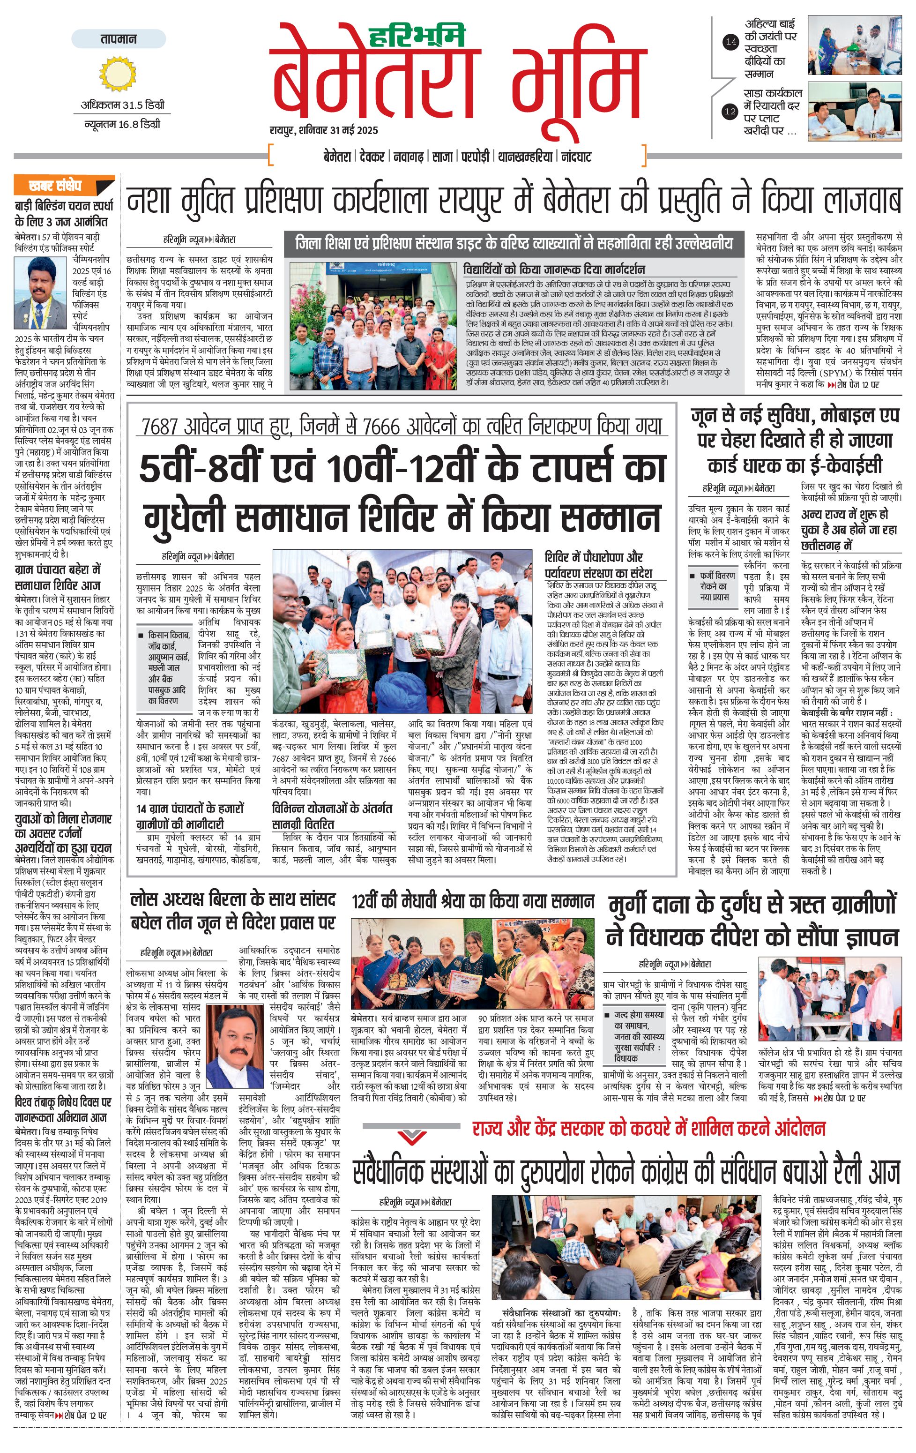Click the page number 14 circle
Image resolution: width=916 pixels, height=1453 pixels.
[x=730, y=42]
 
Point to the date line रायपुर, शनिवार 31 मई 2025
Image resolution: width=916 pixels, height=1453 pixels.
[x=323, y=130]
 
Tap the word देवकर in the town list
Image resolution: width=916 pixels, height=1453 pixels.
[x=372, y=157]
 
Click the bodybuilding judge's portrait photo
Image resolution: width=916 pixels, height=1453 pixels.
[x=40, y=292]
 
